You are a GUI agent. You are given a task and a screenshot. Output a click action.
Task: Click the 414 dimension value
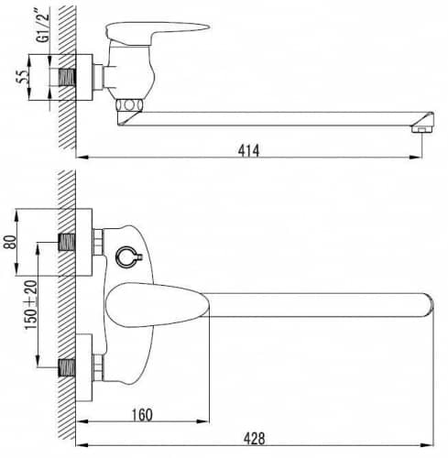point(248,151)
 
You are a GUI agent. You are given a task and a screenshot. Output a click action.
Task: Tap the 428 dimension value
point(254,439)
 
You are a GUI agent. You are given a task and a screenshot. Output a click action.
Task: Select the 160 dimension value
point(142,415)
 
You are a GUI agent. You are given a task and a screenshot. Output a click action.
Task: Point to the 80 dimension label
point(10,242)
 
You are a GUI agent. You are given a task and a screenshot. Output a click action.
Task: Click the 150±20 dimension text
point(31,305)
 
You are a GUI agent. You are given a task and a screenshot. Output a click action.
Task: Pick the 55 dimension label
point(23,77)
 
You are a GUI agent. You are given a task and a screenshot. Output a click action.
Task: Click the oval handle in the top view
point(158,305)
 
